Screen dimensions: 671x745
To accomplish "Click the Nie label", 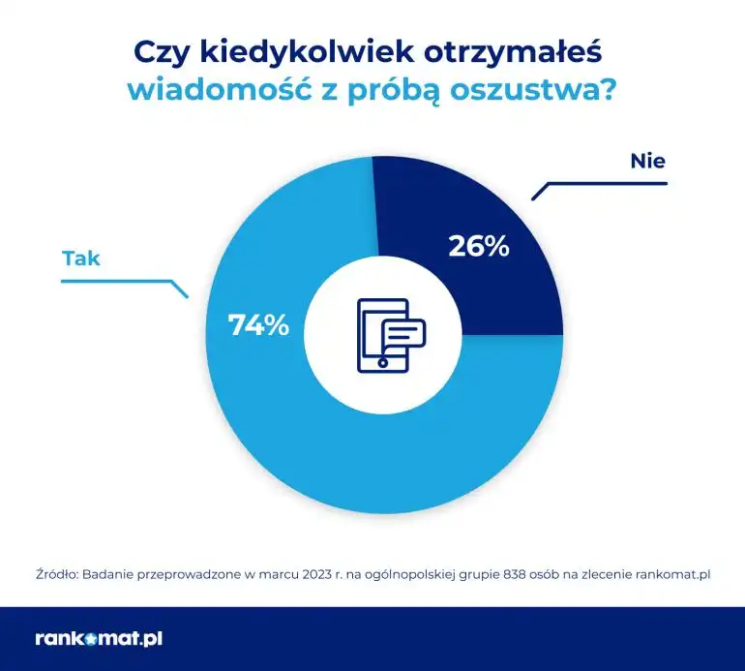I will click(647, 161).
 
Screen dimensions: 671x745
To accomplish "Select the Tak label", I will click(81, 258).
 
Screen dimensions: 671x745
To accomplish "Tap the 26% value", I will click(478, 246).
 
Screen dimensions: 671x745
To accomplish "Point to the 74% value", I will click(258, 325).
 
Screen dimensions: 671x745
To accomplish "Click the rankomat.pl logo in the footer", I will click(97, 639).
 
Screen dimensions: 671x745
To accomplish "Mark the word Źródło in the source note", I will click(56, 573).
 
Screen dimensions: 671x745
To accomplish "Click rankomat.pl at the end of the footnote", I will click(673, 573).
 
